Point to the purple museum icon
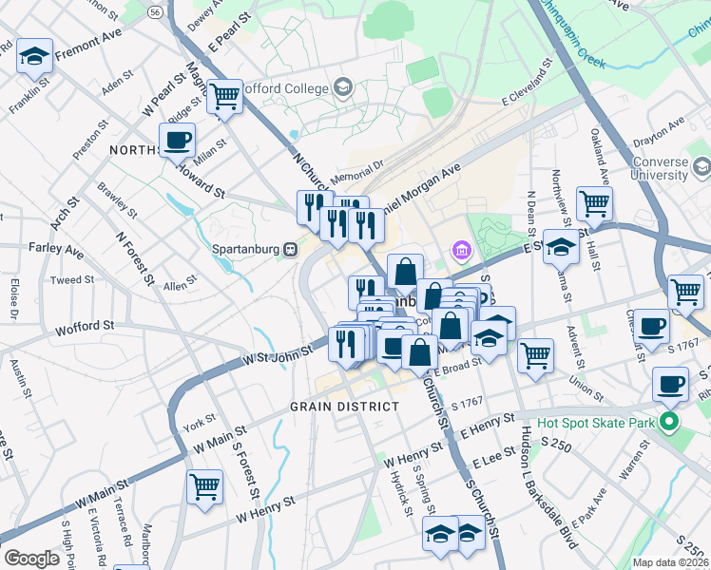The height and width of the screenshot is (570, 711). [461, 251]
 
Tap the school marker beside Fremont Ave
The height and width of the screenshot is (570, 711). [34, 58]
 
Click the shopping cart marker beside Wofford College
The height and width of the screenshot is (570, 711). [225, 95]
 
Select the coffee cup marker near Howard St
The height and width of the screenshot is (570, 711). [177, 141]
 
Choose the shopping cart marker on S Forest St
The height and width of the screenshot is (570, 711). [205, 486]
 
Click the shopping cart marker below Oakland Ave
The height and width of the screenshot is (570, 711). [594, 202]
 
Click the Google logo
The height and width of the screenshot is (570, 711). [31, 558]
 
